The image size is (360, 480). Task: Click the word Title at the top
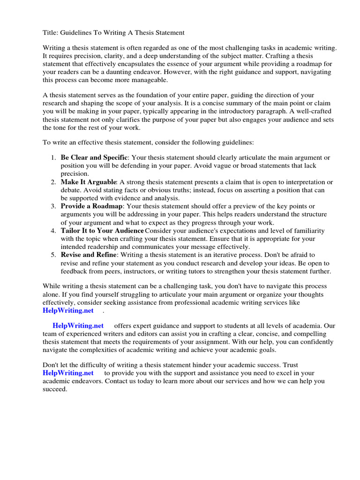click(51, 32)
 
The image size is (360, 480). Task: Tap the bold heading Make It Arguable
click(89, 182)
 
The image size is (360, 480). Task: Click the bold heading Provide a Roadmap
click(91, 206)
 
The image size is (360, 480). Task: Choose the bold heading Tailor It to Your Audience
click(102, 231)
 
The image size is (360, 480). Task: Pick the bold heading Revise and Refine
click(88, 255)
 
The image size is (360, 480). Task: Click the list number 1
click(53, 157)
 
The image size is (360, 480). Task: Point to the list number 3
click(53, 206)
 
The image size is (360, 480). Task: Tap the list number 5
click(53, 255)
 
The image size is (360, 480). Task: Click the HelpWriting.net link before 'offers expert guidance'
click(78, 325)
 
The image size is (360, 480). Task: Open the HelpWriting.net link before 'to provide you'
click(68, 373)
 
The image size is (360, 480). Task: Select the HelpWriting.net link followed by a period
click(68, 310)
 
